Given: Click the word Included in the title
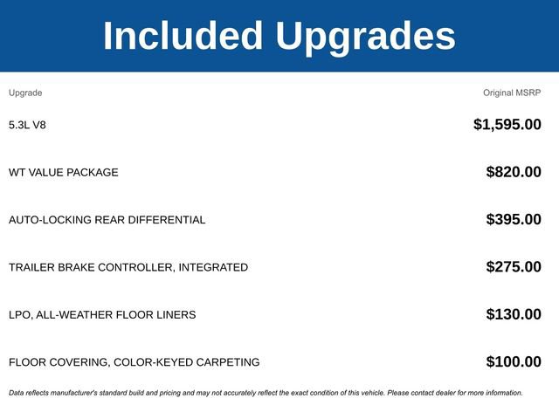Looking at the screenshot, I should [x=183, y=36].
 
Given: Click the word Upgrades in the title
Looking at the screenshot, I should [x=365, y=36].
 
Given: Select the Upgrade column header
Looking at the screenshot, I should [x=25, y=93].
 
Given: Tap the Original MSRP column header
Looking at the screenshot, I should [x=512, y=93].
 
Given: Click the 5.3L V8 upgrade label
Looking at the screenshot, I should [x=27, y=125].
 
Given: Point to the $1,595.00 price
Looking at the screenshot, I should [x=507, y=125].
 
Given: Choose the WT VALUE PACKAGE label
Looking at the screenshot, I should [x=64, y=172].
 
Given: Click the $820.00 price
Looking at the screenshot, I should [x=514, y=172].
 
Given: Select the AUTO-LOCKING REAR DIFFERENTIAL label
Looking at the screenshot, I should [x=107, y=219].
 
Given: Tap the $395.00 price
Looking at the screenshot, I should [x=514, y=219].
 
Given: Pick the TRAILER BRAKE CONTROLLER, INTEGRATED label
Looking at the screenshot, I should [x=128, y=267].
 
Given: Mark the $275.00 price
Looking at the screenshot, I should [x=514, y=267].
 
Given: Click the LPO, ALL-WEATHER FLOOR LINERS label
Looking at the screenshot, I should [x=102, y=314].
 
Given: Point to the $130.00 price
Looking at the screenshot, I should [x=514, y=314].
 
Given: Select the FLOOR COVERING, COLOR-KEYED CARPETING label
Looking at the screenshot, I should [x=135, y=361].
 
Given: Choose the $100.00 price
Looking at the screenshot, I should [x=514, y=361].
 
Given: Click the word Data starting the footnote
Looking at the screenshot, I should [x=17, y=393].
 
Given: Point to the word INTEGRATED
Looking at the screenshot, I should [x=213, y=267].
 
